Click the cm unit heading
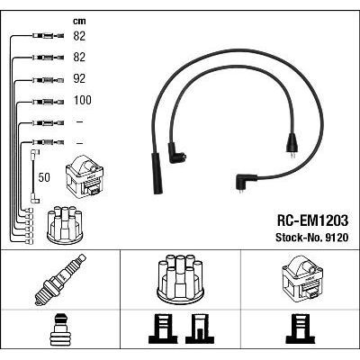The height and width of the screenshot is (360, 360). [79, 22]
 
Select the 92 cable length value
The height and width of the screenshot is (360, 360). [79, 78]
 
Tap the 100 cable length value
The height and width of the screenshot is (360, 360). [83, 100]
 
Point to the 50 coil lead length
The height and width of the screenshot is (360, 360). [44, 177]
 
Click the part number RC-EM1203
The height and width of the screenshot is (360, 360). [312, 221]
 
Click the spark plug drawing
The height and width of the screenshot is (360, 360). [60, 280]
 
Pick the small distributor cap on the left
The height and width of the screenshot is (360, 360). [65, 224]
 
